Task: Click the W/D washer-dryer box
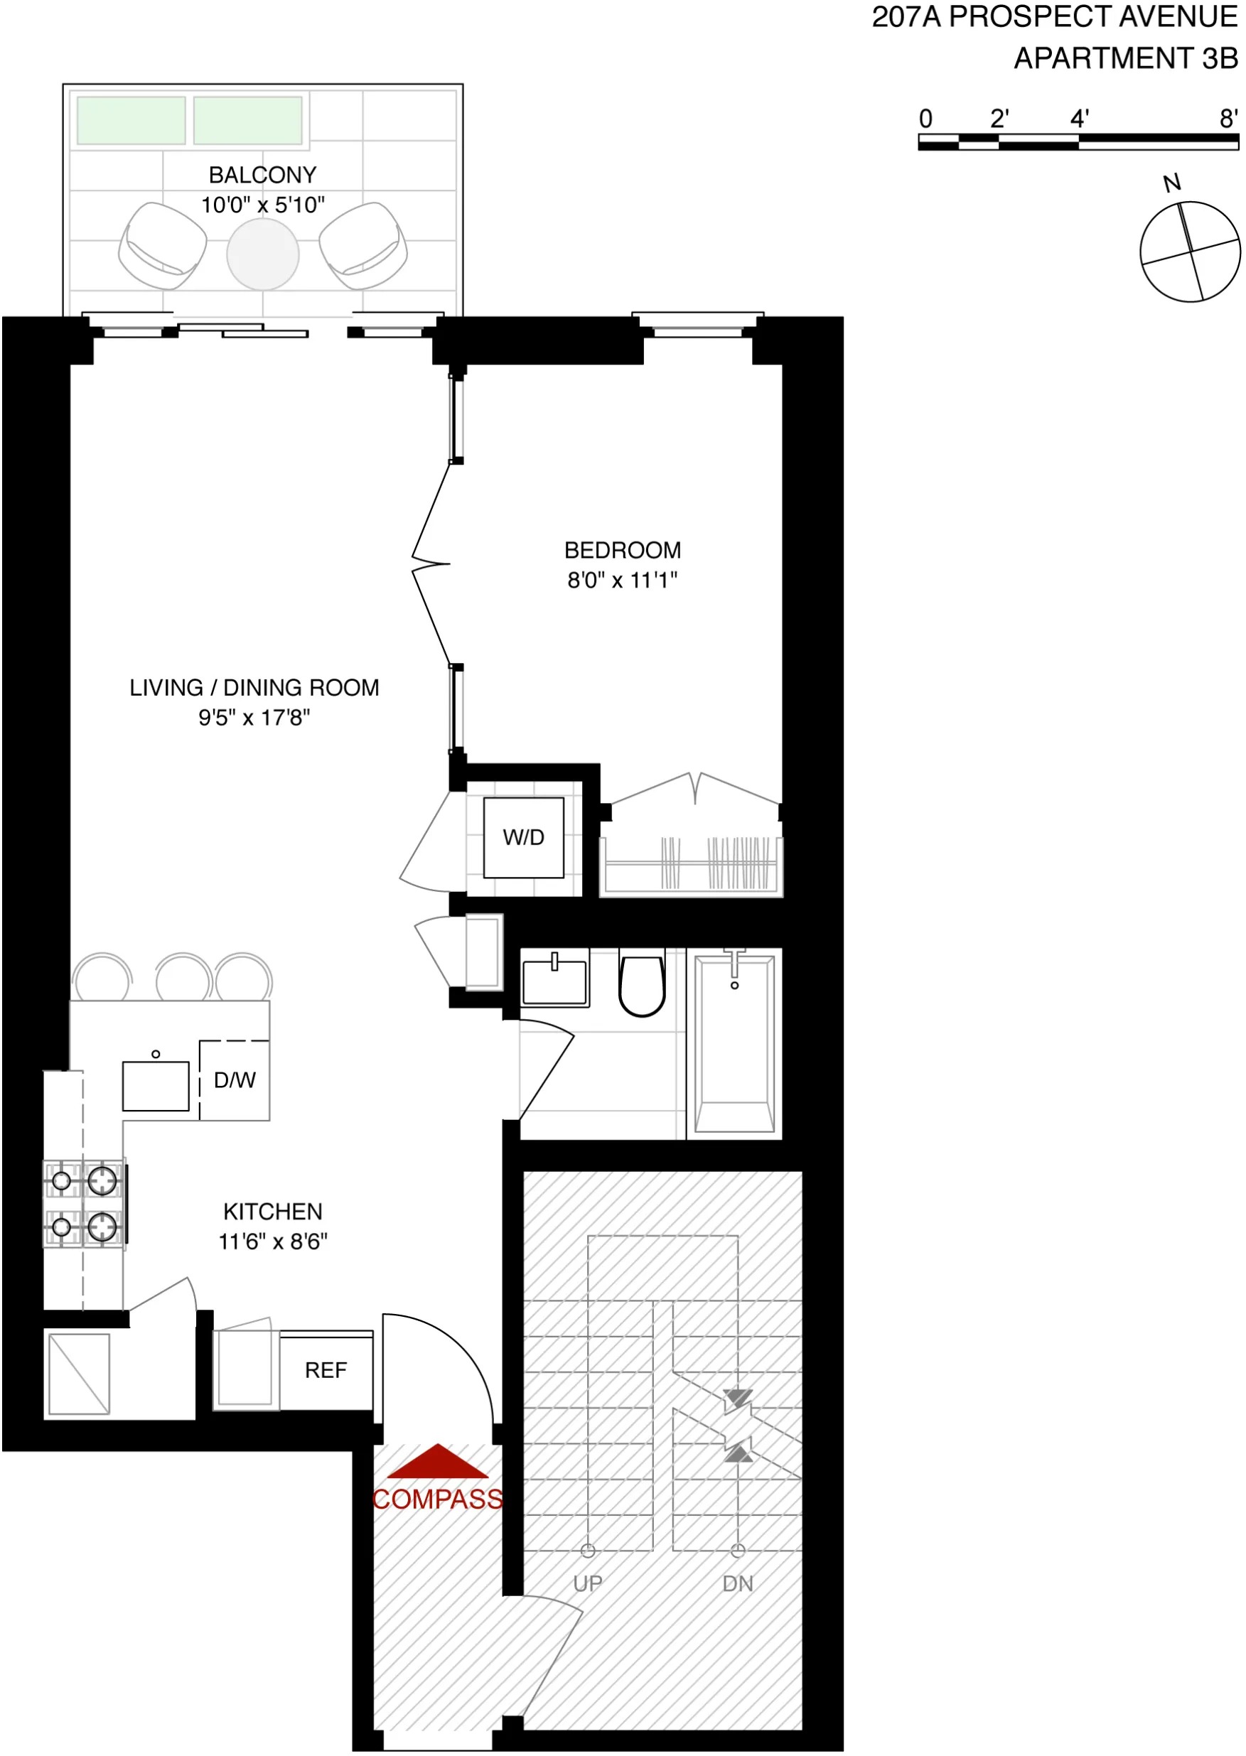(523, 837)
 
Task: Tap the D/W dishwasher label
(234, 1080)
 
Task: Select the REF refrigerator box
(326, 1369)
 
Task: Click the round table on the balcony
(262, 254)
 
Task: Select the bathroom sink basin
(554, 982)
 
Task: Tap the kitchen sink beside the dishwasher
(156, 1086)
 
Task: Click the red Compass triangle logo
(437, 1461)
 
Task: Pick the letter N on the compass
(1171, 183)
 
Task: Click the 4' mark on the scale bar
(1080, 119)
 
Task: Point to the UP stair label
(588, 1583)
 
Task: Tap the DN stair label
(737, 1583)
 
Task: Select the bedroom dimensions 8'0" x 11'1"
(622, 581)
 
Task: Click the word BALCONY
(262, 175)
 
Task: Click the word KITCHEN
(272, 1212)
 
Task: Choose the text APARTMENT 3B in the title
(1126, 58)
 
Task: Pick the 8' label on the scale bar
(1228, 119)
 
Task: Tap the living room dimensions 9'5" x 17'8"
(254, 717)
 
